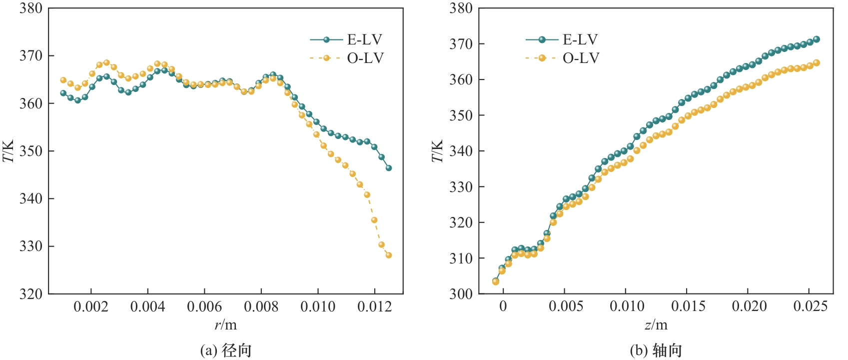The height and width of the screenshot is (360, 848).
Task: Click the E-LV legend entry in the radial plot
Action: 346,39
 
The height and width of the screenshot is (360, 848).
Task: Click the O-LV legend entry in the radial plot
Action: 346,58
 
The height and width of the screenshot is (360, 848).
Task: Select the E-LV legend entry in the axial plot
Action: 562,39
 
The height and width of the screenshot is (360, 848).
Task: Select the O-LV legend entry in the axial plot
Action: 562,58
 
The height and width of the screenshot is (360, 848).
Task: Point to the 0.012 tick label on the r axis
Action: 374,306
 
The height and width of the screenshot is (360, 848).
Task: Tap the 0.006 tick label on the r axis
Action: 204,306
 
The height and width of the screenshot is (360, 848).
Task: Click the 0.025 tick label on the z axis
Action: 810,306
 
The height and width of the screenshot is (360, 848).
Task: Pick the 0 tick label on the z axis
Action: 503,306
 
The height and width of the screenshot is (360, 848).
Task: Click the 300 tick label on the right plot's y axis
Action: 461,294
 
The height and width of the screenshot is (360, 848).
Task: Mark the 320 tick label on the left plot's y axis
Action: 31,294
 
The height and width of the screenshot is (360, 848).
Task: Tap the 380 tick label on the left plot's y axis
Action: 31,8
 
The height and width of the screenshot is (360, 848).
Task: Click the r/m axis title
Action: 226,325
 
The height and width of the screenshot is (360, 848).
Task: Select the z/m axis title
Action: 656,325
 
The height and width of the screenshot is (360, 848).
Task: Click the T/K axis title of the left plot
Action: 9,151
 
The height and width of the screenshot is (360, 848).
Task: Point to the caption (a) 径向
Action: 226,350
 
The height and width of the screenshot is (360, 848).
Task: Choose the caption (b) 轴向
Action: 656,350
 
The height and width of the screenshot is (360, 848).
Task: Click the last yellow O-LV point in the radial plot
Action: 389,255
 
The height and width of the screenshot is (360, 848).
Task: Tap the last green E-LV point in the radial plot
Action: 389,168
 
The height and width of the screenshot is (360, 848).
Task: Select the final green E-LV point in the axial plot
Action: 817,39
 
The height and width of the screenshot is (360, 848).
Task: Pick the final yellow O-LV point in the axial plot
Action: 817,62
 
